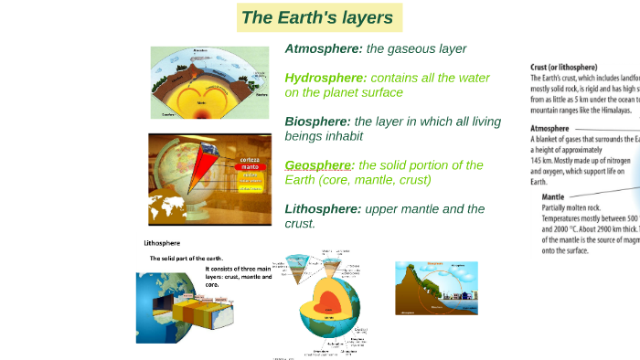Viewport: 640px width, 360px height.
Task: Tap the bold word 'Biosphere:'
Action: coord(317,121)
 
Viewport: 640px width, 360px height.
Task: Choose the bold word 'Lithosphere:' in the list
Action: coord(323,208)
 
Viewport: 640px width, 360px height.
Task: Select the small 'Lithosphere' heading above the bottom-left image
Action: coord(162,243)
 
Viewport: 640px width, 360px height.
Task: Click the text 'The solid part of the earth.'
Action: coord(187,259)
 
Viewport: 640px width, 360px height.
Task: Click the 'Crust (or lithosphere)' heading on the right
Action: coord(564,67)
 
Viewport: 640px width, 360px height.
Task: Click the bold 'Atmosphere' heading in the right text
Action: coord(554,129)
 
